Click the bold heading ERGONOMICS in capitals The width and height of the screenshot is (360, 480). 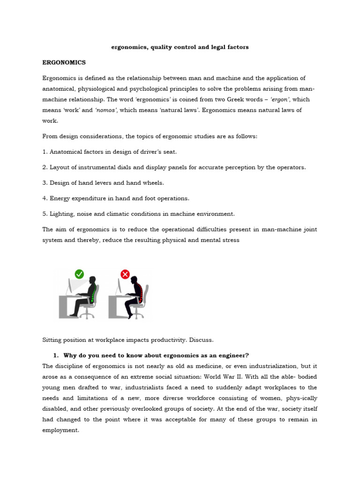tap(64, 62)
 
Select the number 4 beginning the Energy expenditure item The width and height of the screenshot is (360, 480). tap(44, 198)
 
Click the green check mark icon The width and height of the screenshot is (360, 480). tap(79, 274)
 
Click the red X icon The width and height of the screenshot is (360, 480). tap(125, 274)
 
